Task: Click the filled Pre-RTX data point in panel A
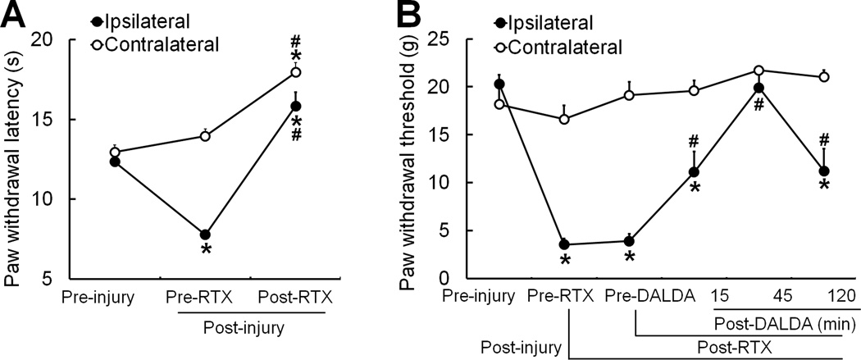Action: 205,235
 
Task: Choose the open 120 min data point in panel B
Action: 824,77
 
